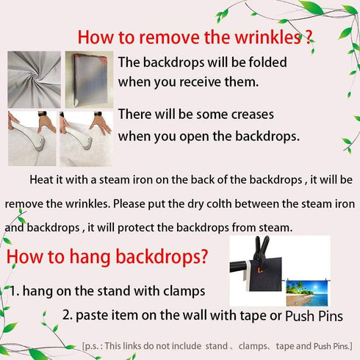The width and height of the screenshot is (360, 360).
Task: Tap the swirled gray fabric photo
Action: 34,79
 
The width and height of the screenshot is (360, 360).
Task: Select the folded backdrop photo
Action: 89,79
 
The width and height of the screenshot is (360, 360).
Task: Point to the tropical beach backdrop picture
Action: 307,292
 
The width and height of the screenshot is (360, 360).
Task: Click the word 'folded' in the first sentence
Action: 267,62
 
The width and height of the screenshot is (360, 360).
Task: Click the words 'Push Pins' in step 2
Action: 314,316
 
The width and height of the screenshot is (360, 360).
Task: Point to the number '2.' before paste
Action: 68,314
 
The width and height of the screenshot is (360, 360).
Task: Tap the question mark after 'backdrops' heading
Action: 204,256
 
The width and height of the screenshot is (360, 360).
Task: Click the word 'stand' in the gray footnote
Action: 217,346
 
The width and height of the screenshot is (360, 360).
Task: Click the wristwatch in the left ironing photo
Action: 42,114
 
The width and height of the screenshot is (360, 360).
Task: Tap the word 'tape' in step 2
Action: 253,315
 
